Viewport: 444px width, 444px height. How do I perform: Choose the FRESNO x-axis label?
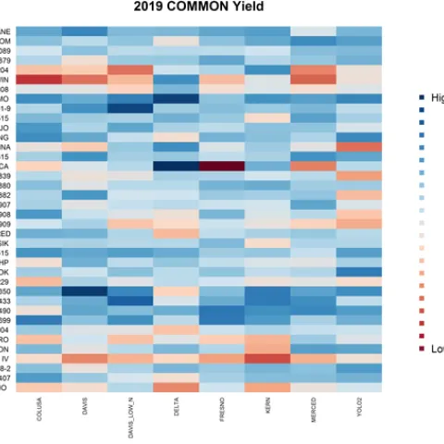click(222, 416)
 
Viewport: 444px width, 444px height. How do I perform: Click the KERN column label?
click(267, 413)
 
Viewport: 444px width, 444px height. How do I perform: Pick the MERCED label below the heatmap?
click(314, 416)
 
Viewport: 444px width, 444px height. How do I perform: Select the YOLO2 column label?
click(359, 415)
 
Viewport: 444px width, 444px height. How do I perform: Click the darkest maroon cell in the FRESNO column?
click(221, 166)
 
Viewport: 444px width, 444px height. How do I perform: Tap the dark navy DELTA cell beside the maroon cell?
click(176, 166)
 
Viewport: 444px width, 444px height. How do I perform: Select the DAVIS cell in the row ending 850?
click(84, 290)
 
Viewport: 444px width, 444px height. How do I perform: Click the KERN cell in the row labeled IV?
click(267, 358)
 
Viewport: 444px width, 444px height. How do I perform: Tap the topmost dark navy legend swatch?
click(422, 97)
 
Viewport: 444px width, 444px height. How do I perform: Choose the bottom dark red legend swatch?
click(422, 349)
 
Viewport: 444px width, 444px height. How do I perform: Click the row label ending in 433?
click(6, 301)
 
